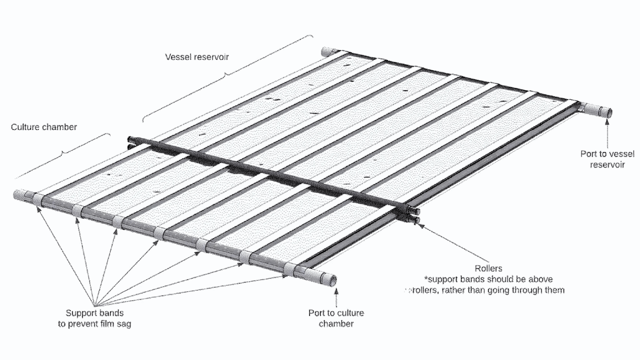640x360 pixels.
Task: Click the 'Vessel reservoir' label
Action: click(197, 57)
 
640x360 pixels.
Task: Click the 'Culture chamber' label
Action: click(44, 127)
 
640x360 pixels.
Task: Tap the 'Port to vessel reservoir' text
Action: click(607, 159)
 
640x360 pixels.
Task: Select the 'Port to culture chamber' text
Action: click(336, 318)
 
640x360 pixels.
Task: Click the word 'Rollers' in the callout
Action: click(488, 269)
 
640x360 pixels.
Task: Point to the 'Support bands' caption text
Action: click(95, 313)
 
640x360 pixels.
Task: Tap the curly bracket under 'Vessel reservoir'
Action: click(227, 75)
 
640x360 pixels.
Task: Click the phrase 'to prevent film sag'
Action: click(95, 324)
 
